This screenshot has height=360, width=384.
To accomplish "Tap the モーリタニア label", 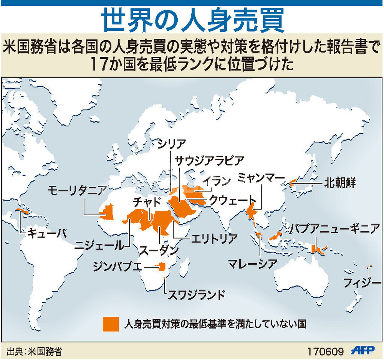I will (77, 190).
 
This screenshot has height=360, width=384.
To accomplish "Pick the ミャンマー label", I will (261, 178).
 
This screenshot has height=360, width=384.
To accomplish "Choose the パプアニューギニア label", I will (335, 230).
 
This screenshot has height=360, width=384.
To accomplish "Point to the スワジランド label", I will (195, 295).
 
